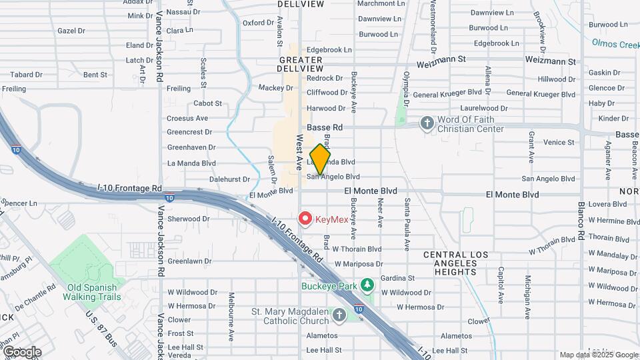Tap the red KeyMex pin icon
(x=305, y=218)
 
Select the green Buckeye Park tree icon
(x=367, y=285)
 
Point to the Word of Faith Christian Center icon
(x=427, y=123)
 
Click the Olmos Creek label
(x=615, y=43)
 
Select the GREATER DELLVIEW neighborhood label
(x=301, y=64)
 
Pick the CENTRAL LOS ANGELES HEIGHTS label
(x=455, y=263)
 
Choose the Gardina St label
(x=397, y=278)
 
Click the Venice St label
(x=559, y=142)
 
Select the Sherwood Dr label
(x=189, y=219)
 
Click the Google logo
(x=21, y=352)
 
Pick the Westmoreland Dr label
(x=432, y=27)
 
